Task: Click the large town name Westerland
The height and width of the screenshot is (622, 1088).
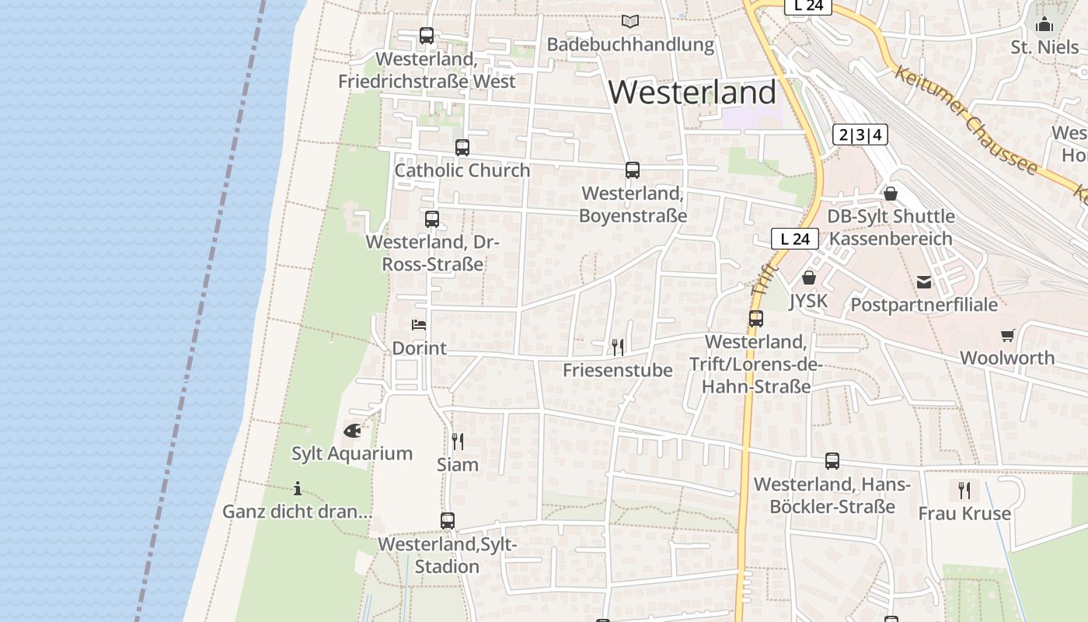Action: click(x=692, y=93)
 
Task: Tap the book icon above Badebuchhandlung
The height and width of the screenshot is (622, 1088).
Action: click(x=629, y=22)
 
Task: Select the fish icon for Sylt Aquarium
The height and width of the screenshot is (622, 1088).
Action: click(x=352, y=430)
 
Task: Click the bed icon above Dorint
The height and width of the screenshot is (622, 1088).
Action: click(x=419, y=325)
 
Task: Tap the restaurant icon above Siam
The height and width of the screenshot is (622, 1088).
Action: click(x=458, y=442)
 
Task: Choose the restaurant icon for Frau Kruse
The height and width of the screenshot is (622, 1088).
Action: click(x=964, y=490)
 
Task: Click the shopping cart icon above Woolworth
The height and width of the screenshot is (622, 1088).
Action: click(x=1007, y=335)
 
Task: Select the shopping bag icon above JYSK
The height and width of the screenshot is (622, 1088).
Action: click(x=808, y=278)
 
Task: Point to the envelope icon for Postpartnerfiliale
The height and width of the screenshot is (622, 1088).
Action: click(x=924, y=281)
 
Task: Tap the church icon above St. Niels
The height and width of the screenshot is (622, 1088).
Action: click(x=1044, y=24)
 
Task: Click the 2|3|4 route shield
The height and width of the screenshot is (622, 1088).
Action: click(x=860, y=135)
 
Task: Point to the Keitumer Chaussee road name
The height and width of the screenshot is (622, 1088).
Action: click(x=965, y=121)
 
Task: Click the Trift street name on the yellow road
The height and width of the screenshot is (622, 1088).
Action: click(x=761, y=278)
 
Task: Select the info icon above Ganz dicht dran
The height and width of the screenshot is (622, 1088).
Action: click(x=298, y=488)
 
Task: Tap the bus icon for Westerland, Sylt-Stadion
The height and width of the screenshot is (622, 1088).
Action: click(x=447, y=521)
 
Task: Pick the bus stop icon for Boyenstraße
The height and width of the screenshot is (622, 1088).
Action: click(x=633, y=170)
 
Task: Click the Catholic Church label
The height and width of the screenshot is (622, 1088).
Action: click(x=462, y=170)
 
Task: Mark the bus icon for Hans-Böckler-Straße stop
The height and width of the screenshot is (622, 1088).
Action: click(x=832, y=461)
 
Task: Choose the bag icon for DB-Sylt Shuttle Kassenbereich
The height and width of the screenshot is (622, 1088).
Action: click(x=891, y=193)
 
